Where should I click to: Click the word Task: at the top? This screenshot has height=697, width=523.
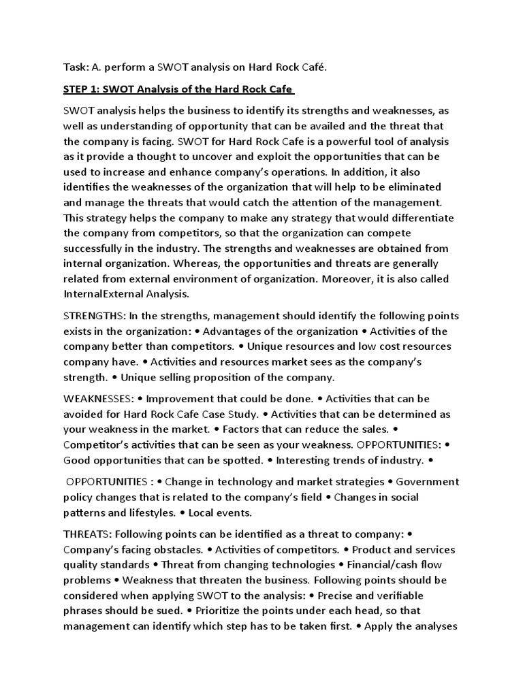pos(76,66)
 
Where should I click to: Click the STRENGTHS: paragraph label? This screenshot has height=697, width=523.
pos(93,316)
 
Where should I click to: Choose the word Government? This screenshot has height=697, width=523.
pos(428,482)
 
